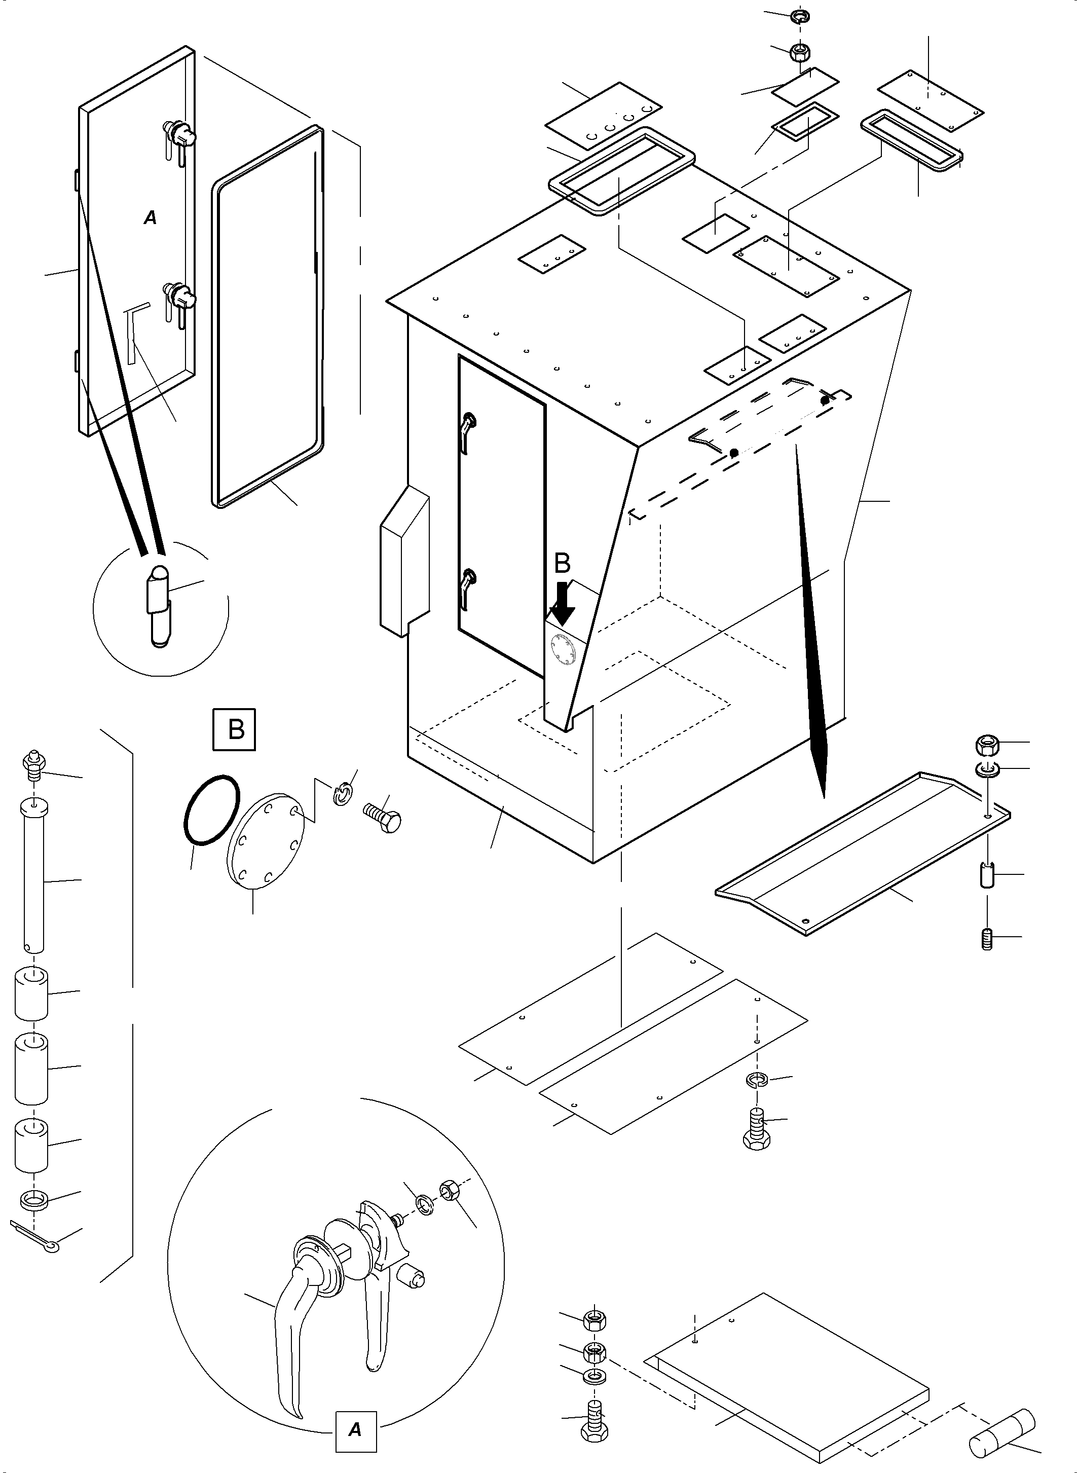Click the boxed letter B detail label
tap(235, 728)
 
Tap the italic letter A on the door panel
tap(151, 218)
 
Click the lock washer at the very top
tap(800, 17)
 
